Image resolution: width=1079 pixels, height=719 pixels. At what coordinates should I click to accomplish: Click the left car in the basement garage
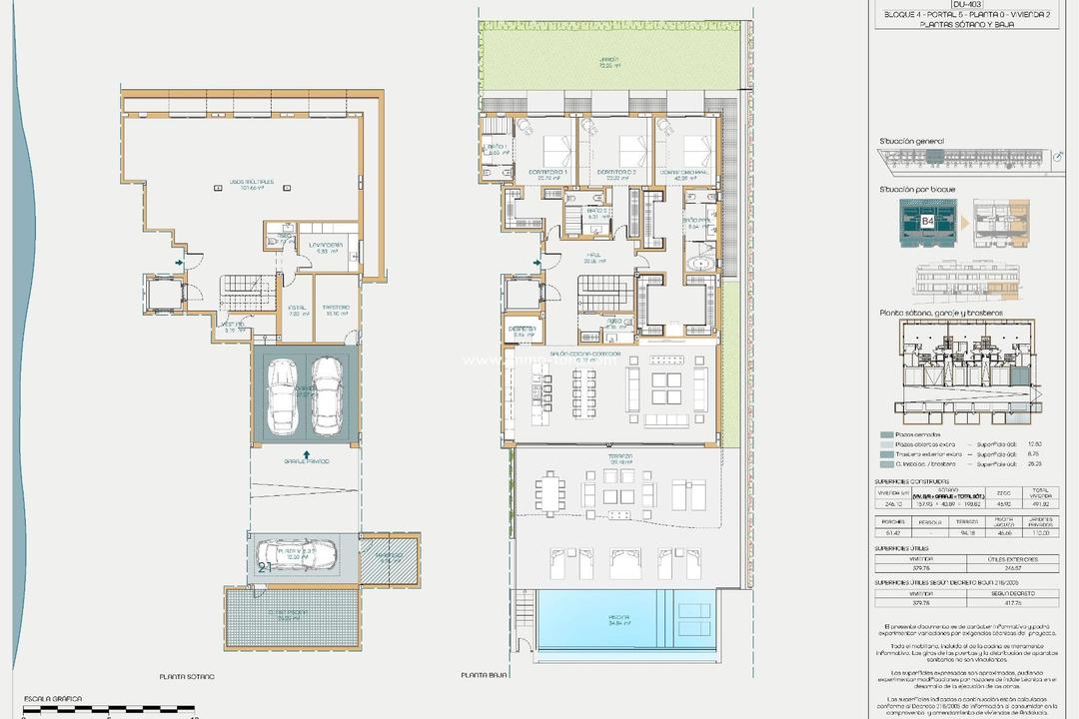pos(283,396)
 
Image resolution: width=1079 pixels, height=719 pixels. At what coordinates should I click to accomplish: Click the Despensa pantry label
pos(522,330)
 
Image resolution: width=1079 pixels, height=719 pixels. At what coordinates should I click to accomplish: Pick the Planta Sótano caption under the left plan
pos(187,677)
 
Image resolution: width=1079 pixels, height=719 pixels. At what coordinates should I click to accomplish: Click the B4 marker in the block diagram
pos(927,222)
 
